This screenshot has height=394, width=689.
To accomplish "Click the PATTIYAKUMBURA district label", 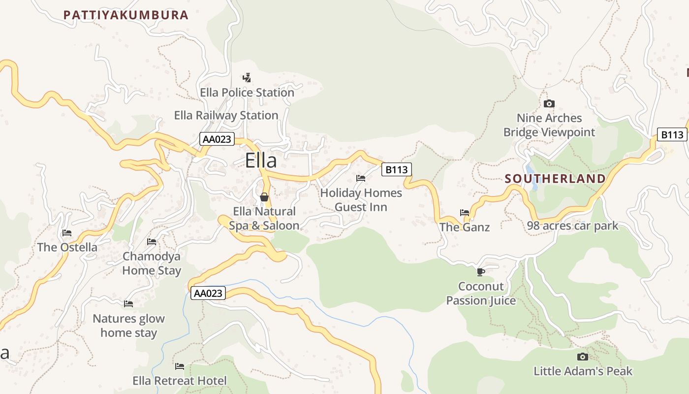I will pos(126,15).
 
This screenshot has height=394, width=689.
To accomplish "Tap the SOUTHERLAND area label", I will pos(555,179).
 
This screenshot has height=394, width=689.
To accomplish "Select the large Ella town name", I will pos(261,161).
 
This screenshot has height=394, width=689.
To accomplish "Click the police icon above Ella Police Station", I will pos(247,77).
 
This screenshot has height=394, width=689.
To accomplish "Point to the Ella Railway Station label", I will pos(226,115).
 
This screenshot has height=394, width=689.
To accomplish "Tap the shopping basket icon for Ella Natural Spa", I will pos(264,197).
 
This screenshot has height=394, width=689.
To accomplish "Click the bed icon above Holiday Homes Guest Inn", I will pos(361,178).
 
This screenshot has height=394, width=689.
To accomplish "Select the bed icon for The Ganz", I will pos(465,213).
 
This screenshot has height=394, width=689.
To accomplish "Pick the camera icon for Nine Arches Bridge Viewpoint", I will pos(549,103).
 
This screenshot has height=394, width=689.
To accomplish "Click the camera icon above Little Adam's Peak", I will pos(583,357).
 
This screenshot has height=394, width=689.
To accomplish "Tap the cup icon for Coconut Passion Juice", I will pos(481,272).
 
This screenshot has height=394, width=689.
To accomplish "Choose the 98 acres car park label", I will pos(572,226).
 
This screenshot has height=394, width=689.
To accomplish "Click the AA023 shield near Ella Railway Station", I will pos(217,139).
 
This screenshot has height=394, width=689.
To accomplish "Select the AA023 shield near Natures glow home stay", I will pos(208,294).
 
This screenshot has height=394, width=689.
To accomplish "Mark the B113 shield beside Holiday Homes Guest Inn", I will pos(397,169).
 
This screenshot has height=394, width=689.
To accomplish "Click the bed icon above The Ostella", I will pos(67,233).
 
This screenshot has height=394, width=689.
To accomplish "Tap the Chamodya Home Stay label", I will pos(152,263).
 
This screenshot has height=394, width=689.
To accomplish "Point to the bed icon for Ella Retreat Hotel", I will pos(180,366).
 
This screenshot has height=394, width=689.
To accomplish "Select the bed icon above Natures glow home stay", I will pos(128,304).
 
